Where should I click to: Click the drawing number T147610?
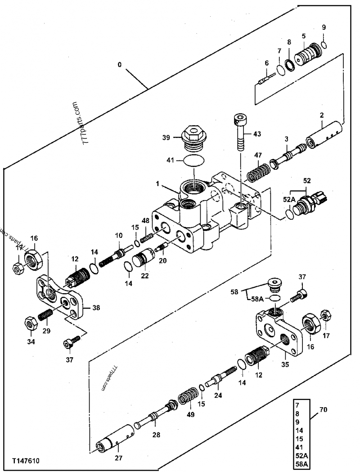[27, 461]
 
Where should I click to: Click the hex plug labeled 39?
[193, 137]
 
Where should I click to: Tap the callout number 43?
[256, 134]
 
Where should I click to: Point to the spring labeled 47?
[257, 173]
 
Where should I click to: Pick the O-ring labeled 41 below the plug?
[193, 160]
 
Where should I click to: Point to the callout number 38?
[96, 308]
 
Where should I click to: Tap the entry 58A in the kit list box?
[300, 463]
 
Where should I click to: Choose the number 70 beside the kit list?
[324, 410]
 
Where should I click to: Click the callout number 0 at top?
[120, 64]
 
